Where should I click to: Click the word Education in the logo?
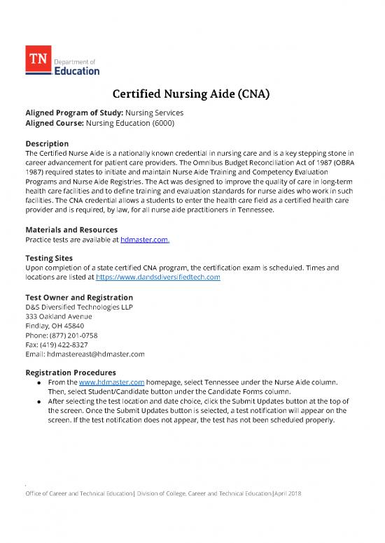click(77, 70)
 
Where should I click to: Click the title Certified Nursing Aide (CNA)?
click(192, 96)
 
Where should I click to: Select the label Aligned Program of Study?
click(66, 113)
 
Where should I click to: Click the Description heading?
click(46, 143)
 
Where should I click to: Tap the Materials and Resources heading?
click(71, 229)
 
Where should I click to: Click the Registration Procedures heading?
click(71, 372)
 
